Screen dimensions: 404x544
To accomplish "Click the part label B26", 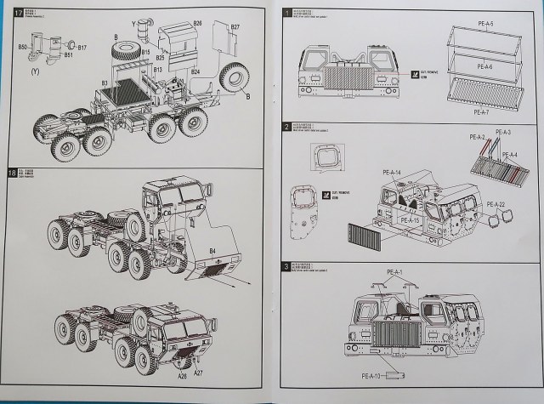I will click(196, 21).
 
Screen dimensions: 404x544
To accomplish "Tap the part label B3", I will click(104, 83).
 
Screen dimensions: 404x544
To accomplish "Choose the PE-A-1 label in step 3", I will click(395, 272).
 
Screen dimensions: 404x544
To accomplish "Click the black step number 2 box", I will click(287, 126).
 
